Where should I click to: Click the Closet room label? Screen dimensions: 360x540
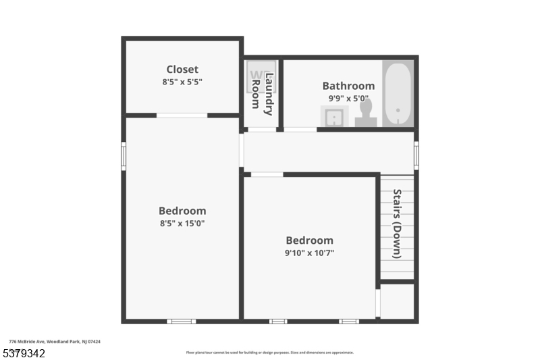(182, 69)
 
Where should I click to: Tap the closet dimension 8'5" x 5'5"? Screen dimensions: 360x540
(182, 82)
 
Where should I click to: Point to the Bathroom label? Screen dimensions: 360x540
(348, 86)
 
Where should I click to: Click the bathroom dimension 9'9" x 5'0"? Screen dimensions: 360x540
(348, 98)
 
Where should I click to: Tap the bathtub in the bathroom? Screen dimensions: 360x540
(398, 94)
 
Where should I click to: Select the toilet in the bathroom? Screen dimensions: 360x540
(365, 111)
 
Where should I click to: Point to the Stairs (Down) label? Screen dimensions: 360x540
(397, 224)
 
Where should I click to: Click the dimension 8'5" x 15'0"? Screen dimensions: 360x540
(182, 224)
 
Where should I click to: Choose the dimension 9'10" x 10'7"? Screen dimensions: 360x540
(310, 253)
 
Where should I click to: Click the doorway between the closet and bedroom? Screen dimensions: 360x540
(182, 115)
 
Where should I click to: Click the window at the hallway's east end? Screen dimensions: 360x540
(416, 155)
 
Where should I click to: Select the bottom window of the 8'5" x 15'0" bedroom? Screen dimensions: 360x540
(181, 321)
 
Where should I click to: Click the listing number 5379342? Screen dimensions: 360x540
(24, 353)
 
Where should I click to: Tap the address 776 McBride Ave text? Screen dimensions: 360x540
(55, 342)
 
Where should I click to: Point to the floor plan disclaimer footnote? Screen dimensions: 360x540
(269, 353)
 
